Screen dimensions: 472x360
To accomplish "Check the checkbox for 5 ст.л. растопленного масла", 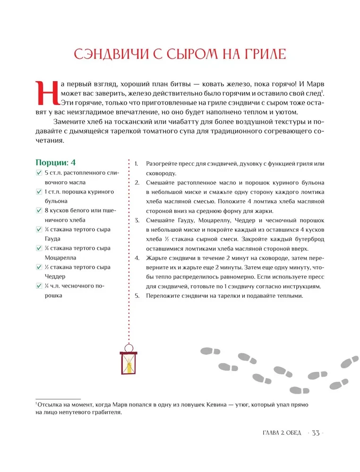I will (x=39, y=173).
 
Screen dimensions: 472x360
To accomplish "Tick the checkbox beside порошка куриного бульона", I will (x=39, y=192).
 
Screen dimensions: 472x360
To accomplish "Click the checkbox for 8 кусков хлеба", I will (x=39, y=211).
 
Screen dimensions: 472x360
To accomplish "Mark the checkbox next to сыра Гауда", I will (x=39, y=229).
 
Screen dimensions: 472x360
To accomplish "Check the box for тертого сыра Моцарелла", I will (x=39, y=248).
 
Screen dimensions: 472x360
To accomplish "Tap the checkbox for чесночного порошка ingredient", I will (x=39, y=286).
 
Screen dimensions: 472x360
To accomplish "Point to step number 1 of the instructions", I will (x=136, y=164).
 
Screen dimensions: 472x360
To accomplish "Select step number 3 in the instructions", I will (x=136, y=220).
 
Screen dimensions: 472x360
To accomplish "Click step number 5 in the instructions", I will (x=136, y=296).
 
